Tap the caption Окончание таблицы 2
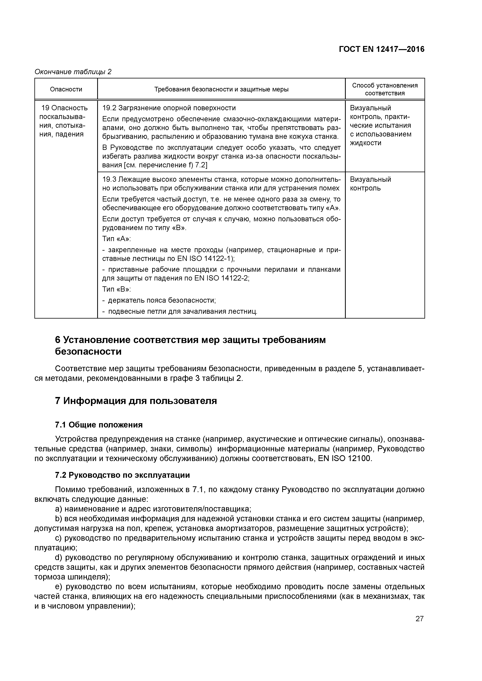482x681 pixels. point(73,72)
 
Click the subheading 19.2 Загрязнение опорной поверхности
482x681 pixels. point(169,108)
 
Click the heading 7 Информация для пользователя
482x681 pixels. point(136,401)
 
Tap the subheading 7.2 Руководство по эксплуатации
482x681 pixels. point(122,475)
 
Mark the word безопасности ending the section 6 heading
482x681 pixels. point(88,352)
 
